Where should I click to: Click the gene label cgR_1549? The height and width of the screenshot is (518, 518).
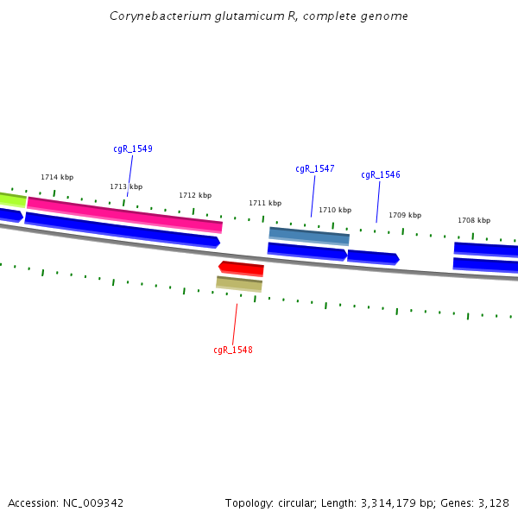click(x=132, y=148)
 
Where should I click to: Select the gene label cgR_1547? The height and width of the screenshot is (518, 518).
click(x=314, y=168)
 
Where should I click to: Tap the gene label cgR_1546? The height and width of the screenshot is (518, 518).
click(x=380, y=174)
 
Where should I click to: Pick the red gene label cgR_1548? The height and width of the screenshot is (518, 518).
click(x=232, y=350)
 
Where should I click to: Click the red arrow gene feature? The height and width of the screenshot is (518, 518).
click(x=241, y=268)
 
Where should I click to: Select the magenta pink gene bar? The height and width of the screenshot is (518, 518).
click(x=124, y=214)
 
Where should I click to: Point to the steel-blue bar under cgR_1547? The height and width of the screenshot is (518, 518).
click(x=309, y=235)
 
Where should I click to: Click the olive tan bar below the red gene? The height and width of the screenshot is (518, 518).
click(x=239, y=283)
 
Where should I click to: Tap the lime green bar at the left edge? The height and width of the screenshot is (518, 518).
click(x=12, y=199)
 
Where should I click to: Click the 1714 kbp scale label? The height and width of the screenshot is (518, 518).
click(x=57, y=177)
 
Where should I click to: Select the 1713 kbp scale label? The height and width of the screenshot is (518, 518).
click(x=126, y=186)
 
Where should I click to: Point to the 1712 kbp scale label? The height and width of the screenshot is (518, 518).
click(x=195, y=195)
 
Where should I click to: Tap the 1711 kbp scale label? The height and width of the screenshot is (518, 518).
click(x=265, y=203)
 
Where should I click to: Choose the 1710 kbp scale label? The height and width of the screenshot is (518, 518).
click(x=335, y=210)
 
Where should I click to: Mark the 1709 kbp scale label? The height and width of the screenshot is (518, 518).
click(x=405, y=215)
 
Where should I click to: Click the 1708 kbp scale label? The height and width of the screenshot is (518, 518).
click(x=474, y=220)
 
